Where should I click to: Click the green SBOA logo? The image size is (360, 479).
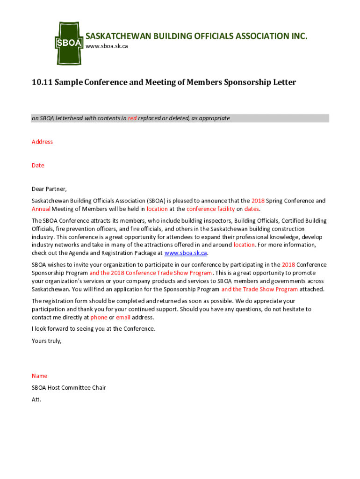point(69,43)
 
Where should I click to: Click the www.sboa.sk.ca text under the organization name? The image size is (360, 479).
point(106,47)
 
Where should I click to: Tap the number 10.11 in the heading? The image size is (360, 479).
point(42,82)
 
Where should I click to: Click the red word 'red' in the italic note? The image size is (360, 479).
point(132,118)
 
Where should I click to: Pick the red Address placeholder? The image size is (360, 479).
point(42,142)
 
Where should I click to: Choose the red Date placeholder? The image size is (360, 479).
point(38,165)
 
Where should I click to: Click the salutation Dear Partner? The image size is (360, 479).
point(49,189)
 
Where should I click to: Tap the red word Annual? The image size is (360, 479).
point(41,209)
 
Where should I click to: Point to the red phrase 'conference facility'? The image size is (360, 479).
point(210,209)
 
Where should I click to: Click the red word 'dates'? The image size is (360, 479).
point(252,209)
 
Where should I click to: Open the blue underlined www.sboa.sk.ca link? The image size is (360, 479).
point(186,253)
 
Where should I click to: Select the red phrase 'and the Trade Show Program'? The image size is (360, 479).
point(259,289)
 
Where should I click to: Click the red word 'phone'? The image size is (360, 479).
point(99,317)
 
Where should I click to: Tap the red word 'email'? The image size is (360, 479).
point(123,317)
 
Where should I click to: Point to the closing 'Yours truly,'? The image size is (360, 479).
point(46,341)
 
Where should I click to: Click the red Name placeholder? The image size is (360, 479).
point(39,376)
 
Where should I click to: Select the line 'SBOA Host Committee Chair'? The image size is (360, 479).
point(69,387)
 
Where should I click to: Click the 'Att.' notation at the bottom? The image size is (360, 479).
point(36,399)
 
